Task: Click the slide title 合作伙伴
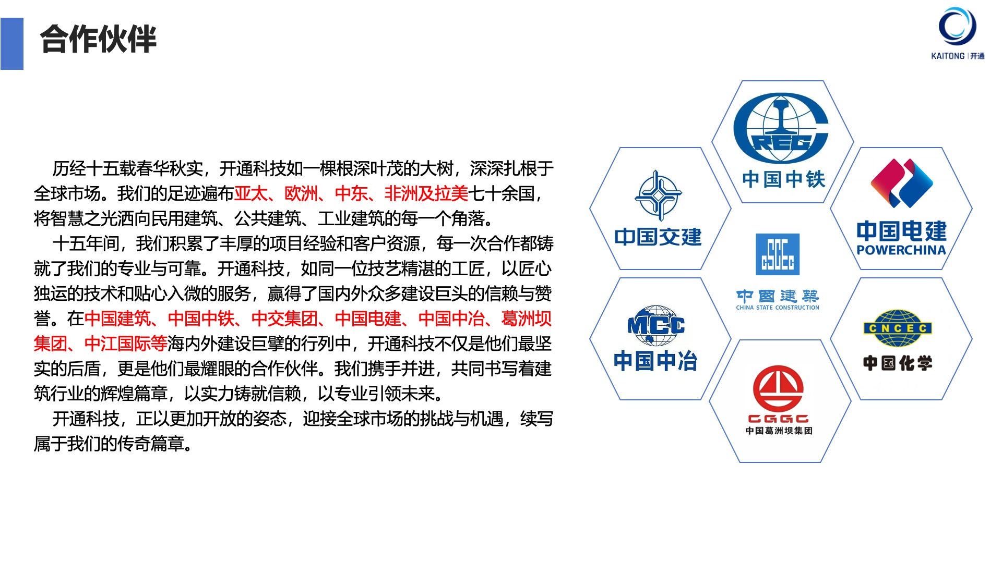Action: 98,39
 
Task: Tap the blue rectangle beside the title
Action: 12,44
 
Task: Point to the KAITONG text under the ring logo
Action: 948,56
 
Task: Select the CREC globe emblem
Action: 781,128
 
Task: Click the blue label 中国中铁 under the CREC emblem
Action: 783,179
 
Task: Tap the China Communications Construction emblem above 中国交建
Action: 659,195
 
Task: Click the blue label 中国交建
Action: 658,237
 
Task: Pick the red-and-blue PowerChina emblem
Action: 902,183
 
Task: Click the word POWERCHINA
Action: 901,250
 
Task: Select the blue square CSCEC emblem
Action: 778,254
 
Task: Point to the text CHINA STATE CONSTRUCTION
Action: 778,308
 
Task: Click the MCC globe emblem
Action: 656,325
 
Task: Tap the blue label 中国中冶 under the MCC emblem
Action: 655,361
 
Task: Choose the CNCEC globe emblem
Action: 898,328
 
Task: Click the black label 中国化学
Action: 898,363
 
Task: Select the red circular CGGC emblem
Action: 778,388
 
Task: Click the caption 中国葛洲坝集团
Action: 779,431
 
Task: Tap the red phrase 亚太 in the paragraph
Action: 251,193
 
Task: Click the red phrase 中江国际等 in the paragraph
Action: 126,344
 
